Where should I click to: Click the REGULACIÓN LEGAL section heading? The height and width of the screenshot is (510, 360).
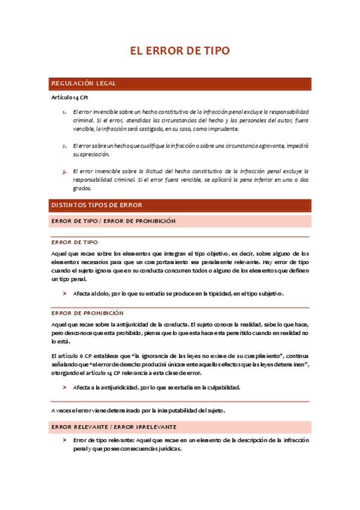pyautogui.click(x=84, y=83)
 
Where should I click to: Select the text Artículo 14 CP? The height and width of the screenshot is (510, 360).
pyautogui.click(x=70, y=97)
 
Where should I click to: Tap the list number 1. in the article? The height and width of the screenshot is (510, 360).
pyautogui.click(x=64, y=112)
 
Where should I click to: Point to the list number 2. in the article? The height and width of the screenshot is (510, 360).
pyautogui.click(x=64, y=146)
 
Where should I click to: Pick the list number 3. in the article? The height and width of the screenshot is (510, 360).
pyautogui.click(x=64, y=171)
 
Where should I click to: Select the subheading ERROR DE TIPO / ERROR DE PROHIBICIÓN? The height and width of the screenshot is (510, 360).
pyautogui.click(x=114, y=221)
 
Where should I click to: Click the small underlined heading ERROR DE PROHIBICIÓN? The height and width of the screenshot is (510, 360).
pyautogui.click(x=87, y=313)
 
